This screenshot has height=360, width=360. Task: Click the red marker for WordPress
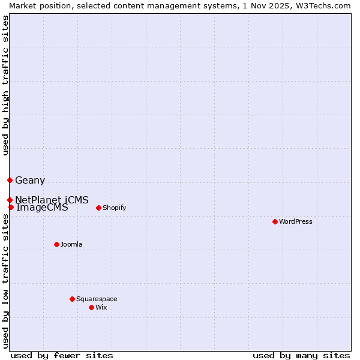[275, 221]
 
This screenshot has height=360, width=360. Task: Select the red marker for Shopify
[98, 208]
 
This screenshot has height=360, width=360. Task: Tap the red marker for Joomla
[56, 244]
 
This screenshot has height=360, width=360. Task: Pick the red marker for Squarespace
[72, 299]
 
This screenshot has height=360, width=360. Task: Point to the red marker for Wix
[91, 307]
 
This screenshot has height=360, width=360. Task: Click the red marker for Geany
[10, 180]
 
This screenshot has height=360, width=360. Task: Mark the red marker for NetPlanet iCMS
[10, 200]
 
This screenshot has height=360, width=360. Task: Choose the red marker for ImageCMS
[11, 207]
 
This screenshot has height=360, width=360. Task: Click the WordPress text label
[296, 221]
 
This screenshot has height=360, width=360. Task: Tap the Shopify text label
[114, 208]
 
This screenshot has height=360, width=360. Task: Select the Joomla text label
[71, 244]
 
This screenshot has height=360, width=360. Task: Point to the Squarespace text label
[97, 299]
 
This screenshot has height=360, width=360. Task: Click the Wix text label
[101, 307]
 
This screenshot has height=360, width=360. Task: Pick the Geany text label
[30, 180]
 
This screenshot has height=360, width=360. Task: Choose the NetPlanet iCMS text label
[52, 200]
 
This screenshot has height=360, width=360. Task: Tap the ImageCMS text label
[42, 208]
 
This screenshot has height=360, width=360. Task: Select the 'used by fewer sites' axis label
[62, 355]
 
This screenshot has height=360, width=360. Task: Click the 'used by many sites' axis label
[301, 355]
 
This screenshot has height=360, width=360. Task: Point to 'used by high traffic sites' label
[5, 85]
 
